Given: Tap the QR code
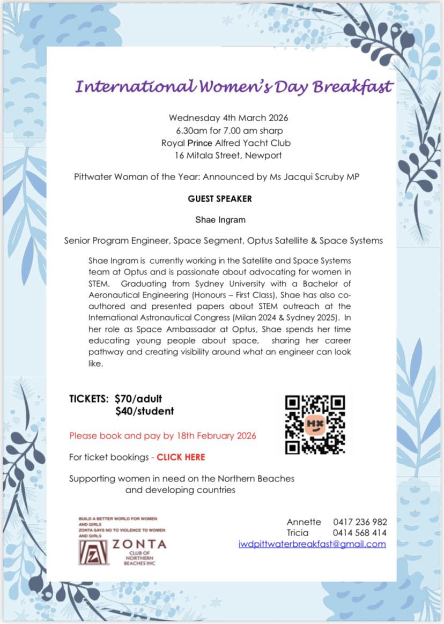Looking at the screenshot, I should [314, 424].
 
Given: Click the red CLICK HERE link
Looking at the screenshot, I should [181, 457].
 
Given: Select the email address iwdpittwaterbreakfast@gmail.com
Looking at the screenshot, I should [312, 544].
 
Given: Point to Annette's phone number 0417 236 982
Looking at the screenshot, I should [360, 522].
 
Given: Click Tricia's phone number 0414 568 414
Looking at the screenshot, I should [360, 533].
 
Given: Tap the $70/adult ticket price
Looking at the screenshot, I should [138, 399].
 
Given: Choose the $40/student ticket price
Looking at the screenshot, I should [144, 411].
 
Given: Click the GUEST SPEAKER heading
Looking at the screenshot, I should [220, 199].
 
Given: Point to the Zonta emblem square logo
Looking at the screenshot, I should [93, 552].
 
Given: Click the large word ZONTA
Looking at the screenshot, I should [139, 544].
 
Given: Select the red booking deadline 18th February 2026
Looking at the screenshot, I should [216, 435].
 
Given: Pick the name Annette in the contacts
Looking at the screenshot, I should [304, 522].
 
